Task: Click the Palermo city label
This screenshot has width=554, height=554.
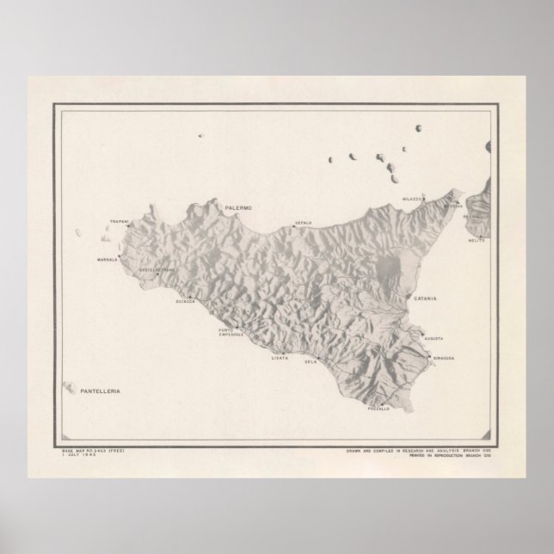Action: [236, 208]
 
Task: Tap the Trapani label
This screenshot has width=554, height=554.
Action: [120, 223]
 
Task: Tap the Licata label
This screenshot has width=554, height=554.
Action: [280, 357]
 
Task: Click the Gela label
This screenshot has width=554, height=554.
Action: [311, 363]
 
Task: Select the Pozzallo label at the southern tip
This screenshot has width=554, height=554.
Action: [379, 409]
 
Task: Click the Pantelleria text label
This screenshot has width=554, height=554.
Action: [98, 391]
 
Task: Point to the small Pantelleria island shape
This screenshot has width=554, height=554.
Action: [68, 386]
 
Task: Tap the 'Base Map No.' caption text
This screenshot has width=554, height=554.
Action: [91, 450]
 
